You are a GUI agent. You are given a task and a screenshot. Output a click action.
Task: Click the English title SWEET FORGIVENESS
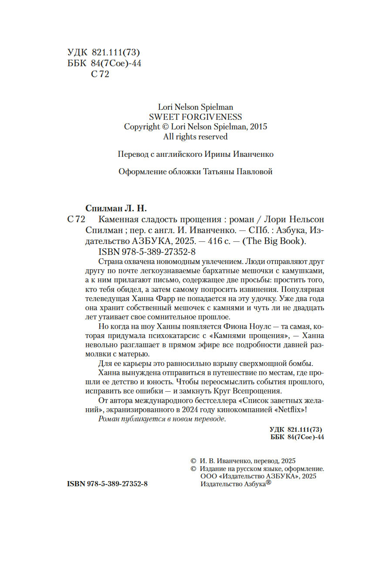pos(195,117)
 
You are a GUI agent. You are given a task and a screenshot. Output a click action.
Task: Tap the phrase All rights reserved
pos(195,136)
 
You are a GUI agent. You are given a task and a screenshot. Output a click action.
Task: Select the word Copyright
pos(142,127)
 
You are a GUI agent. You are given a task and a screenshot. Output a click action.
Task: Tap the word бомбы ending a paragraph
pos(301,363)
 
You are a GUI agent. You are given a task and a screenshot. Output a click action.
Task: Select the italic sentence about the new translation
pos(162,419)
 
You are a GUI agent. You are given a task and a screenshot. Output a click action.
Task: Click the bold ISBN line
pos(108,484)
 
